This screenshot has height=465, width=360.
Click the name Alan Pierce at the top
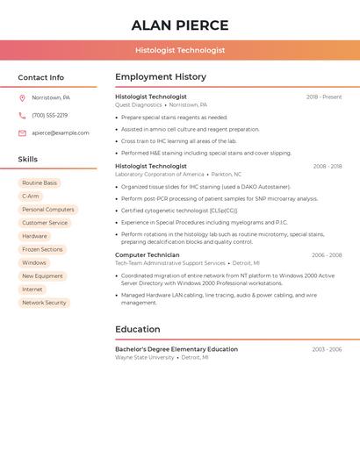pos(180,25)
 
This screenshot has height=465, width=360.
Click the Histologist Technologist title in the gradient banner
pos(180,51)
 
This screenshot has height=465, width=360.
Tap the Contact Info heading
pos(40,77)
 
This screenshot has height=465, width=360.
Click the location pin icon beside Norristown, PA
pos(22,98)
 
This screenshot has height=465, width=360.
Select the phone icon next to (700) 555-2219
pos(22,116)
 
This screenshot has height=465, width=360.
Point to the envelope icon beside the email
pos(22,133)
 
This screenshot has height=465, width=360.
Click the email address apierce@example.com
pos(61,133)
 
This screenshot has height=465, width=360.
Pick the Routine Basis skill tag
pos(40,183)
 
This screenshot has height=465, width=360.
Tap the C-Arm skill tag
pos(31,197)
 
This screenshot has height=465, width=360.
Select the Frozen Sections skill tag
pos(42,249)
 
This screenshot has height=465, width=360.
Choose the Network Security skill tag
pos(44,303)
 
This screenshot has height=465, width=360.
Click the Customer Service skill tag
pos(45,223)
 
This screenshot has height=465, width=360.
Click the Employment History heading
pos(161,77)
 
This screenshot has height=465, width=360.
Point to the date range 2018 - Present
pos(324,97)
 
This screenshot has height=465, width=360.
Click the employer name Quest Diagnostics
pos(139,104)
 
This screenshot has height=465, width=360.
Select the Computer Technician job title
pos(148,255)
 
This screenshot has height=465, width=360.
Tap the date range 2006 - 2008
pos(327,255)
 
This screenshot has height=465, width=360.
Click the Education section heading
pos(138,330)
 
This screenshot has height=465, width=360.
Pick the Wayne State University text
pos(145,358)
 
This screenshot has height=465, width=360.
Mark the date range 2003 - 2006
pos(327,349)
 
